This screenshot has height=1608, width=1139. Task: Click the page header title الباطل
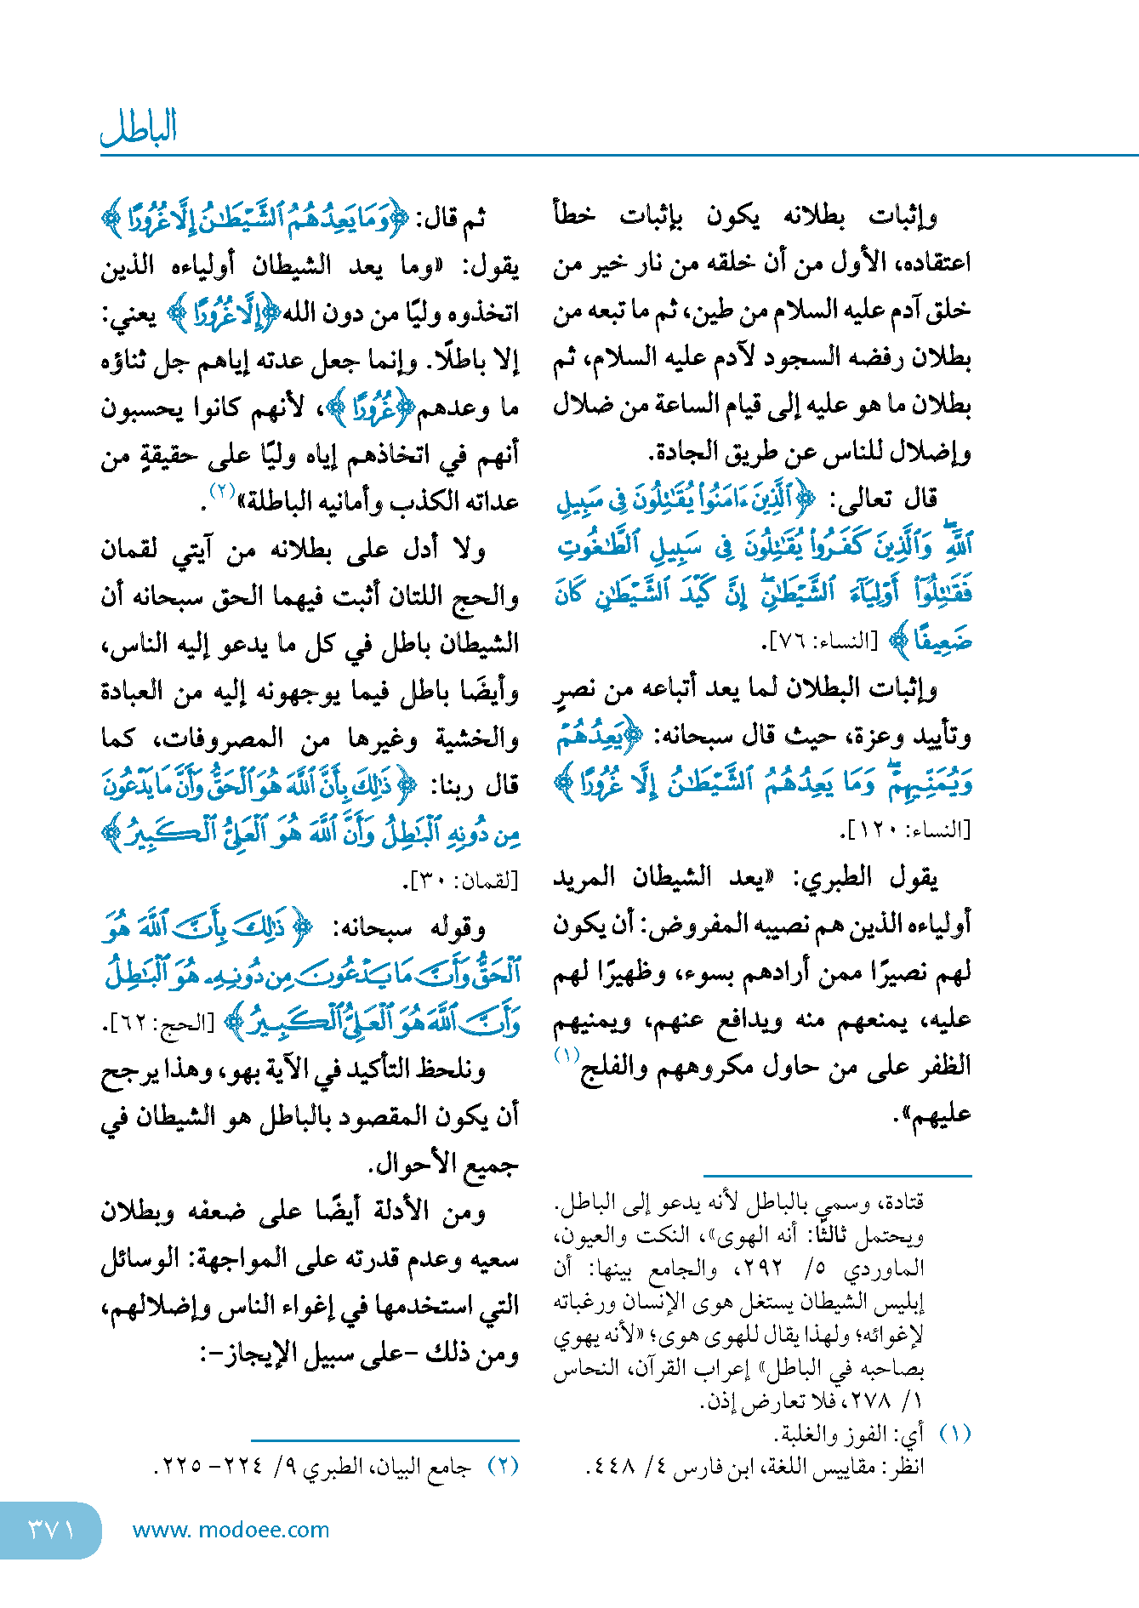(139, 128)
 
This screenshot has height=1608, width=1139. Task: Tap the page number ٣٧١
(51, 1530)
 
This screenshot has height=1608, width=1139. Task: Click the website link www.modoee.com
(231, 1530)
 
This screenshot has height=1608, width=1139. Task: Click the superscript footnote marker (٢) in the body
(222, 492)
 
